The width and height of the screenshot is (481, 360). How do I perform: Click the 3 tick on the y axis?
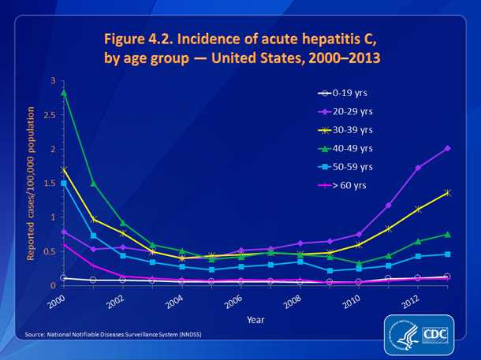53,81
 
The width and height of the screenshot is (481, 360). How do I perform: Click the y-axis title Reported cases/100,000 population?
32,183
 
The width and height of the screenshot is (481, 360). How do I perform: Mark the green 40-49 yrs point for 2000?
63,92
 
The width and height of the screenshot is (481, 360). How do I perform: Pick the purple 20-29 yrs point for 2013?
448,148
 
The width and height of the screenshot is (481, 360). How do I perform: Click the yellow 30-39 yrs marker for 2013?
448,192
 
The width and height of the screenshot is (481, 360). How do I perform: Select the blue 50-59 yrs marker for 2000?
63,183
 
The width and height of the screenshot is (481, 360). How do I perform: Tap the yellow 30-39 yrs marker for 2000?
63,169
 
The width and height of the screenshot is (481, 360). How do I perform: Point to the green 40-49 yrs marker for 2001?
93,183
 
